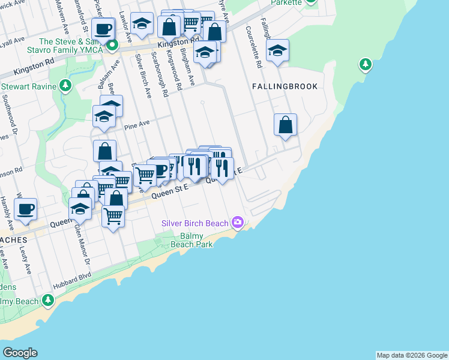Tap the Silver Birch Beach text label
pos(195,223)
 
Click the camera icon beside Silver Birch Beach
pos(238,223)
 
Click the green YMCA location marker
pos(112,45)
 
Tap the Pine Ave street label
pos(136,126)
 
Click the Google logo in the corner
pos(20,353)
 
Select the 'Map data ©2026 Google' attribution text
pos(411,355)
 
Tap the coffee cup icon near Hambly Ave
pos(25,209)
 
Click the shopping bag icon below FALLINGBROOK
pos(286,125)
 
